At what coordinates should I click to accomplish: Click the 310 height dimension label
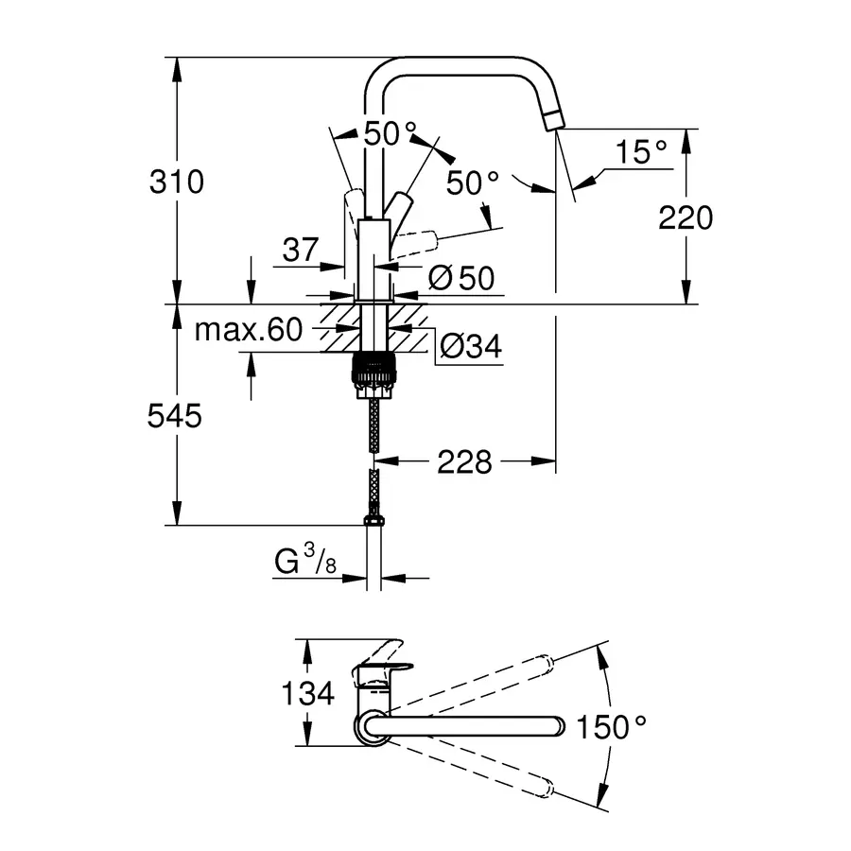pyautogui.click(x=177, y=181)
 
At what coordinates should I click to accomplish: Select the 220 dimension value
pyautogui.click(x=686, y=217)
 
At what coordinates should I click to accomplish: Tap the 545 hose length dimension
pyautogui.click(x=176, y=416)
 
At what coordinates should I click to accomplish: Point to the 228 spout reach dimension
pyautogui.click(x=464, y=462)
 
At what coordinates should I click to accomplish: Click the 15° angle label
pyautogui.click(x=640, y=152)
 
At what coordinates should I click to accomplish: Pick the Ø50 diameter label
pyautogui.click(x=460, y=278)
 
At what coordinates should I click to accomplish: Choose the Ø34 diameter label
pyautogui.click(x=470, y=348)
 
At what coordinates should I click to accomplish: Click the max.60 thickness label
pyautogui.click(x=248, y=330)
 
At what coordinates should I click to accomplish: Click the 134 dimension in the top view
pyautogui.click(x=308, y=694)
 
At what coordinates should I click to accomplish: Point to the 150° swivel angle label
pyautogui.click(x=614, y=727)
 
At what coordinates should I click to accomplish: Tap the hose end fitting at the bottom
pyautogui.click(x=373, y=520)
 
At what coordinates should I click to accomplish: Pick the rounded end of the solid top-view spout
pyautogui.click(x=558, y=726)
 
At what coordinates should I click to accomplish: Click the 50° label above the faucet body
pyautogui.click(x=391, y=134)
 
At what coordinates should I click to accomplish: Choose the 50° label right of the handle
pyautogui.click(x=472, y=182)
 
